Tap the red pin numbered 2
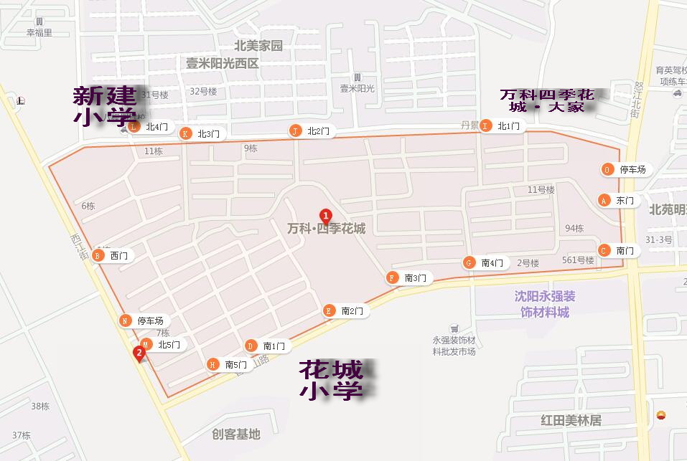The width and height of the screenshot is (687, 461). coord(139,353)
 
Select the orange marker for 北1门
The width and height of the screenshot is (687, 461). coord(486,126)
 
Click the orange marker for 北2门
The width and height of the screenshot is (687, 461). coord(295,130)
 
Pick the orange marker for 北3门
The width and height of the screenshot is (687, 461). coord(185,133)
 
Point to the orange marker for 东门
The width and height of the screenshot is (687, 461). coord(604,200)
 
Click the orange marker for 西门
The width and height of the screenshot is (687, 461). coord(98,255)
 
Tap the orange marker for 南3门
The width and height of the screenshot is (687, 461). coord(392,277)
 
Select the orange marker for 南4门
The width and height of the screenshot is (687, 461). coord(469,262)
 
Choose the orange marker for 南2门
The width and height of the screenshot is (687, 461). coord(329,310)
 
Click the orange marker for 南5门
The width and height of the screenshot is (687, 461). coord(212,364)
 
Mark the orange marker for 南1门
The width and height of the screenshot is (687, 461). coord(251,346)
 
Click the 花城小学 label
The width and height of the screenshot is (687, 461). coord(331,380)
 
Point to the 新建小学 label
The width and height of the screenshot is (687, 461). coord(103,105)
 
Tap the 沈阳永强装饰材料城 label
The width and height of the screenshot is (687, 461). coord(545,304)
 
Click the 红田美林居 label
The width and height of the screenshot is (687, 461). coord(571,420)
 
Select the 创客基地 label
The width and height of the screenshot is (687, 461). coord(236,434)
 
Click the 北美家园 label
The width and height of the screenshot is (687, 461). coord(253,46)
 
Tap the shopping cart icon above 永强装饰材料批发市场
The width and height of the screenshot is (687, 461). coord(454,328)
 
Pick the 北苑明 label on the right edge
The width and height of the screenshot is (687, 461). coord(668,210)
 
